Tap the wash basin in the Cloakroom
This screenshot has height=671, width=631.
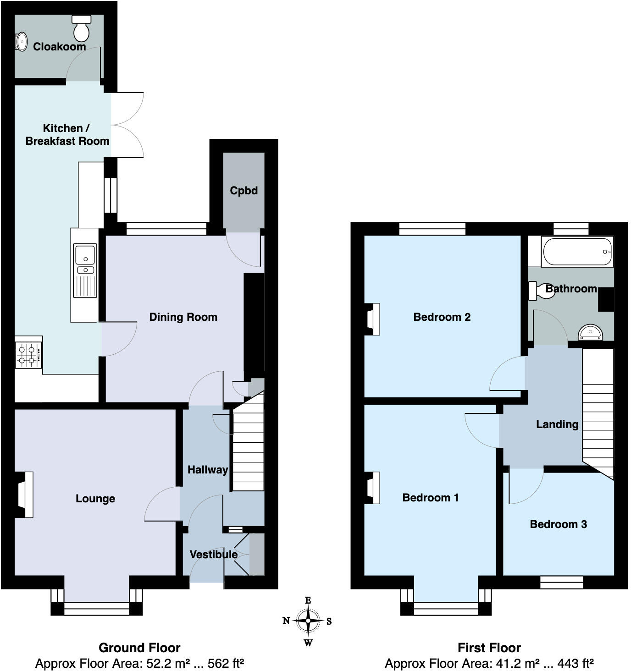21,42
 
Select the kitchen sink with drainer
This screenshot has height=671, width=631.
85,270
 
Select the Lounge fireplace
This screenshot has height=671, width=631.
25,495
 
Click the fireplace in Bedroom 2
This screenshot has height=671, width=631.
372,319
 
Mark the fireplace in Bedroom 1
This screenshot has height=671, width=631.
372,488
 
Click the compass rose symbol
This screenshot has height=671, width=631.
308,621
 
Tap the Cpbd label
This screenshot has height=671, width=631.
244,191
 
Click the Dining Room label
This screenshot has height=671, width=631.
183,317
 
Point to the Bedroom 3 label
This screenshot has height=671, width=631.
558,524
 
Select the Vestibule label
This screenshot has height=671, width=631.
213,555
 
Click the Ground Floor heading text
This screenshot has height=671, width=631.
139,648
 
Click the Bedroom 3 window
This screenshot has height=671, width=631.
561,582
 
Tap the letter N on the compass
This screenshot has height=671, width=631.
286,621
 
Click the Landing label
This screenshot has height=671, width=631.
557,424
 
